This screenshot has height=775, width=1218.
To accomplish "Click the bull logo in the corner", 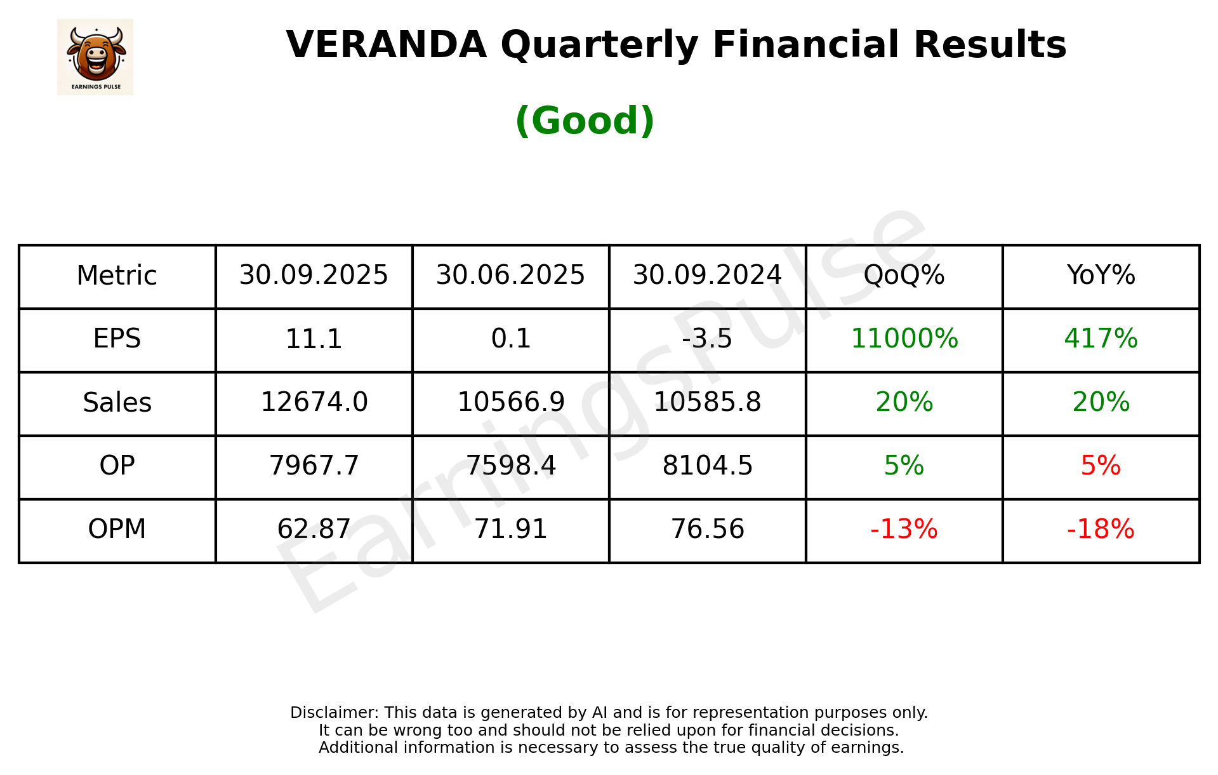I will pyautogui.click(x=95, y=57).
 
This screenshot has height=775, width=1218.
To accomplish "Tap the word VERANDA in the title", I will pyautogui.click(x=386, y=45).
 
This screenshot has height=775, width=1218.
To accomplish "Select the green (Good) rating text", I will pyautogui.click(x=585, y=121).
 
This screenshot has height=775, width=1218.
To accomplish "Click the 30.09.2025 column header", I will pyautogui.click(x=314, y=276).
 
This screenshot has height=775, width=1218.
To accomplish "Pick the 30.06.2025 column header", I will pyautogui.click(x=510, y=276).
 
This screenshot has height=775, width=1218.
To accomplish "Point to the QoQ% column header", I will pyautogui.click(x=904, y=276).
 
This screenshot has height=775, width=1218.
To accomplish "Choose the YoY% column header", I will pyautogui.click(x=1101, y=276).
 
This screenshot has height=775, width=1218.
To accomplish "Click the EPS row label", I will pyautogui.click(x=117, y=339).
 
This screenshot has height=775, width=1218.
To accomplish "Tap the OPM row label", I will pyautogui.click(x=117, y=529).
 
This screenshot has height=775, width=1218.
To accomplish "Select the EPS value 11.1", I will pyautogui.click(x=314, y=339).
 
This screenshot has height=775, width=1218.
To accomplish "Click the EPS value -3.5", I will pyautogui.click(x=707, y=339).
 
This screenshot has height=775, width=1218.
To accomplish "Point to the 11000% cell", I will pyautogui.click(x=904, y=339).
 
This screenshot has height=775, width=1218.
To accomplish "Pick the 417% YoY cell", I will pyautogui.click(x=1101, y=339).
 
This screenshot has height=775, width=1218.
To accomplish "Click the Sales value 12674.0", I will pyautogui.click(x=314, y=403).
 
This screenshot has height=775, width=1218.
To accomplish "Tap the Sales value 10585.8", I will pyautogui.click(x=707, y=403).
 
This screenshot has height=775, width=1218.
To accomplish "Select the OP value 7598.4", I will pyautogui.click(x=510, y=466).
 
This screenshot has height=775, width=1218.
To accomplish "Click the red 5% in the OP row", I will pyautogui.click(x=1101, y=466).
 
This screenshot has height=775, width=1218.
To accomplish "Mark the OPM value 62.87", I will pyautogui.click(x=314, y=530).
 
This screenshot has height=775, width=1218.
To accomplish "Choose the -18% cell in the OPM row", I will pyautogui.click(x=1101, y=530).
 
